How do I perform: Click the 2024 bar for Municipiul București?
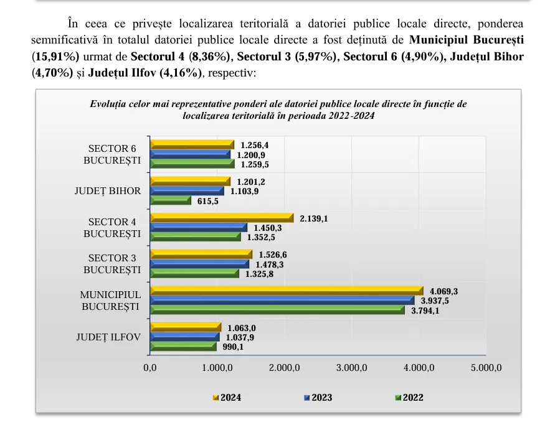tap(287, 291)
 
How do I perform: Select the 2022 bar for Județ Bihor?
tap(171, 200)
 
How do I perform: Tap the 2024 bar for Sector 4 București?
tap(222, 218)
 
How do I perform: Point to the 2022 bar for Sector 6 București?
tap(192, 164)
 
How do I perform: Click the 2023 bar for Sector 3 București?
tap(199, 264)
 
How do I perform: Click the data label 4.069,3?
tap(444, 291)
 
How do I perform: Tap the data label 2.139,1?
tap(314, 218)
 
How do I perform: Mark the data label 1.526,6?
tap(273, 255)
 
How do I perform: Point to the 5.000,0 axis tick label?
tap(486, 368)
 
